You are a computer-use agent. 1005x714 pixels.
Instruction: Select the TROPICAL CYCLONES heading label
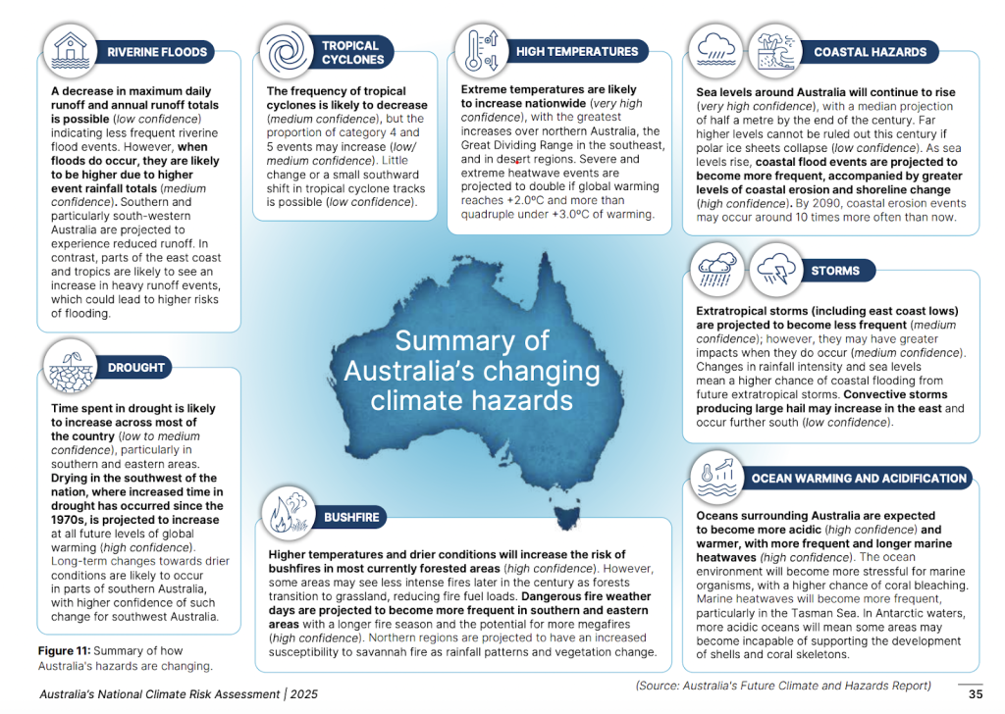pos(350,52)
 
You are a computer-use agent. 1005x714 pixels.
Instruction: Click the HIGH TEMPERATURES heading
pos(577,51)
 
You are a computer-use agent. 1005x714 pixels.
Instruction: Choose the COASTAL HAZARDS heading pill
pos(870,52)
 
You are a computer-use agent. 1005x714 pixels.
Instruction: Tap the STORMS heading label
pos(835,271)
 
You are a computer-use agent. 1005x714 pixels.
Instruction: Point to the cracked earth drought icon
pos(70,366)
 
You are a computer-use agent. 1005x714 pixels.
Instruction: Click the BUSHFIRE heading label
pos(350,517)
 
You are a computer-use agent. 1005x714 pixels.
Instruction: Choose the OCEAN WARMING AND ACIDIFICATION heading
pos(859,479)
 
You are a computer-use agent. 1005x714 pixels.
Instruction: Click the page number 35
pos(975,693)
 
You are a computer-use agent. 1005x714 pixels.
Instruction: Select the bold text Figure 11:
pos(67,650)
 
